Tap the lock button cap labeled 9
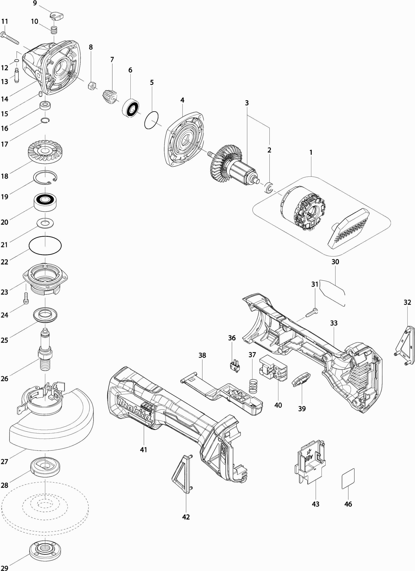pos(56,16)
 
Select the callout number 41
pos(143,449)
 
